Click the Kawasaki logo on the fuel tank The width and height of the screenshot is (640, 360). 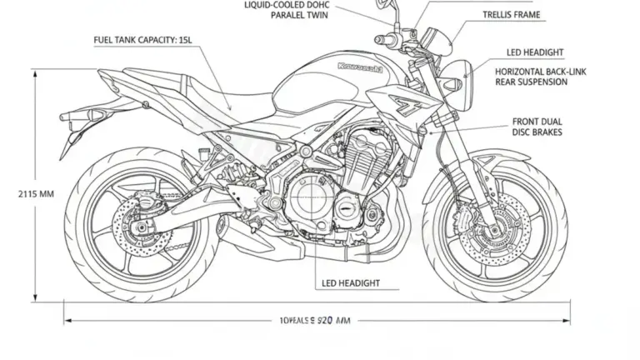[x=360, y=67]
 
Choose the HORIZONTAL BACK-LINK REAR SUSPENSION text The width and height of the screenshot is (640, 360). [x=540, y=77]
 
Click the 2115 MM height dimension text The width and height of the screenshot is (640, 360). [x=35, y=194]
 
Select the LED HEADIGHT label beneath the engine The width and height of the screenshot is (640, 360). [x=351, y=283]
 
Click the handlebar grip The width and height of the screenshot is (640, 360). [x=386, y=38]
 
